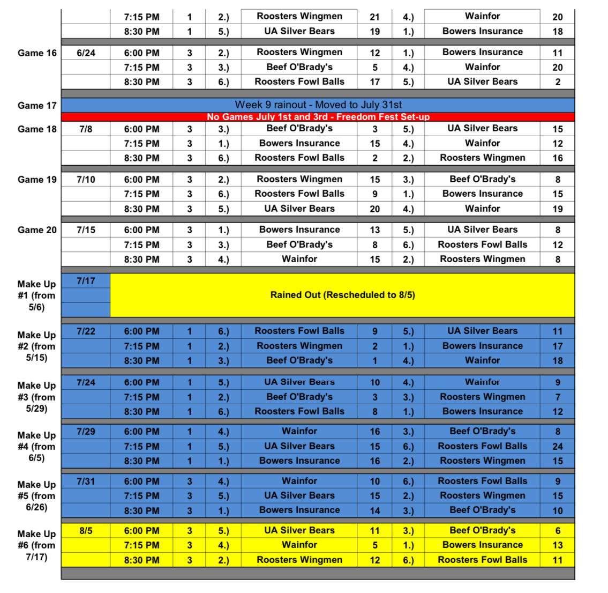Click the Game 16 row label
tap(37, 53)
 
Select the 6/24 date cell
tap(86, 53)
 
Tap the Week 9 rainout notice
tap(318, 105)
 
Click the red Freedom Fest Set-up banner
tap(318, 117)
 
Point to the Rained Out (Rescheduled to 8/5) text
tap(342, 295)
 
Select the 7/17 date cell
tap(86, 280)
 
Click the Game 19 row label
tap(37, 180)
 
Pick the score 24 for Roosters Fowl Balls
tap(558, 446)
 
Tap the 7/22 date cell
tap(86, 331)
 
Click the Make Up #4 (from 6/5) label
tap(36, 447)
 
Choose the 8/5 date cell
tap(86, 531)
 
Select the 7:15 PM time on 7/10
tap(141, 194)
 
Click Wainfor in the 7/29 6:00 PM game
tap(299, 431)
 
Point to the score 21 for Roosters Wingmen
tap(374, 17)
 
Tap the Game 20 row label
tap(37, 230)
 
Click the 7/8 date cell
tap(86, 129)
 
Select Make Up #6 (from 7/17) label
tap(36, 545)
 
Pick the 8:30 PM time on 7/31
tap(141, 510)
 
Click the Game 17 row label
tap(37, 106)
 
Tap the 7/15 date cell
tap(86, 230)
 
